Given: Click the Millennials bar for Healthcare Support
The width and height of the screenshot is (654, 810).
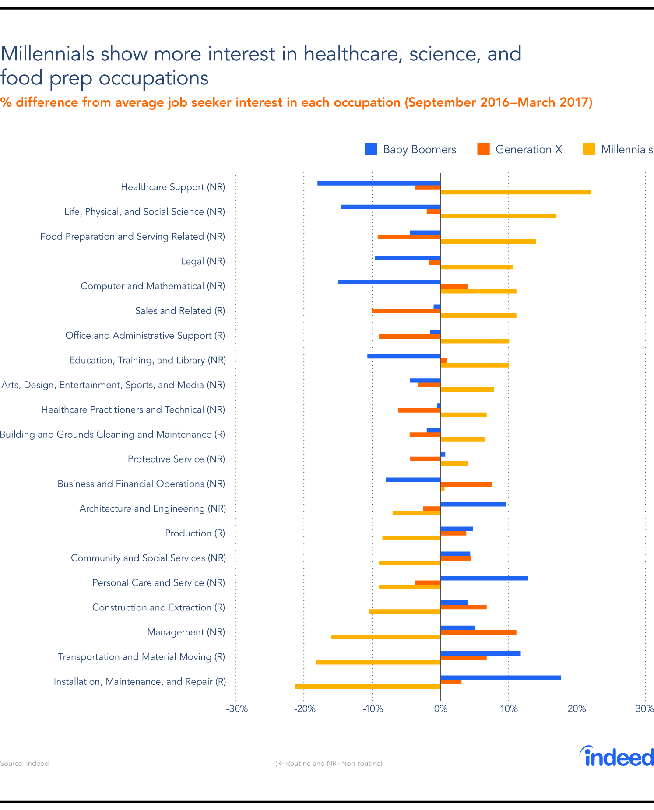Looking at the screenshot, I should tap(516, 192).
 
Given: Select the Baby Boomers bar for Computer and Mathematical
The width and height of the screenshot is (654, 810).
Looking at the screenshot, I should tap(389, 282).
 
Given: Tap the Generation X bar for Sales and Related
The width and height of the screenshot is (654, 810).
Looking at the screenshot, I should tap(406, 311).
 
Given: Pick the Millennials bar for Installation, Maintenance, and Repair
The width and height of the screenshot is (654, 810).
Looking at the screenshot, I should tap(367, 687).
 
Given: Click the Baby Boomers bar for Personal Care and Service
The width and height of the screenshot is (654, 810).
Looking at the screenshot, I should tap(484, 578).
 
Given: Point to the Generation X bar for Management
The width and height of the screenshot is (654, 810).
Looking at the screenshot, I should tap(478, 632).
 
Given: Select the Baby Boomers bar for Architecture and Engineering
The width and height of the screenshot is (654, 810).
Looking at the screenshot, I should tap(473, 504).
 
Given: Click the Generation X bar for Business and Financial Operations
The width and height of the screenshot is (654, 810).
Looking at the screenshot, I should tap(466, 484).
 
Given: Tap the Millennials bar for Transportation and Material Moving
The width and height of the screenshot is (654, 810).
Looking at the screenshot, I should tap(378, 662).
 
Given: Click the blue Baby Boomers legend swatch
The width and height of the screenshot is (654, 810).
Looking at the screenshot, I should tap(371, 149).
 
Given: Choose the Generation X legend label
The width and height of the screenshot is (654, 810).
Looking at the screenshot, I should tap(528, 150).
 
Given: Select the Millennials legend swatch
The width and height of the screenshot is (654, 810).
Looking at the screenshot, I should tap(589, 149).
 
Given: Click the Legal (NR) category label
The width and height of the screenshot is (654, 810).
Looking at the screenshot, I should tap(203, 262).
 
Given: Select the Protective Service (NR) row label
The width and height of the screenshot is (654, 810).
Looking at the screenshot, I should tap(176, 459).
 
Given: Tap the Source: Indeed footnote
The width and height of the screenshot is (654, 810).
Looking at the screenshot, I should tap(25, 764).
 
